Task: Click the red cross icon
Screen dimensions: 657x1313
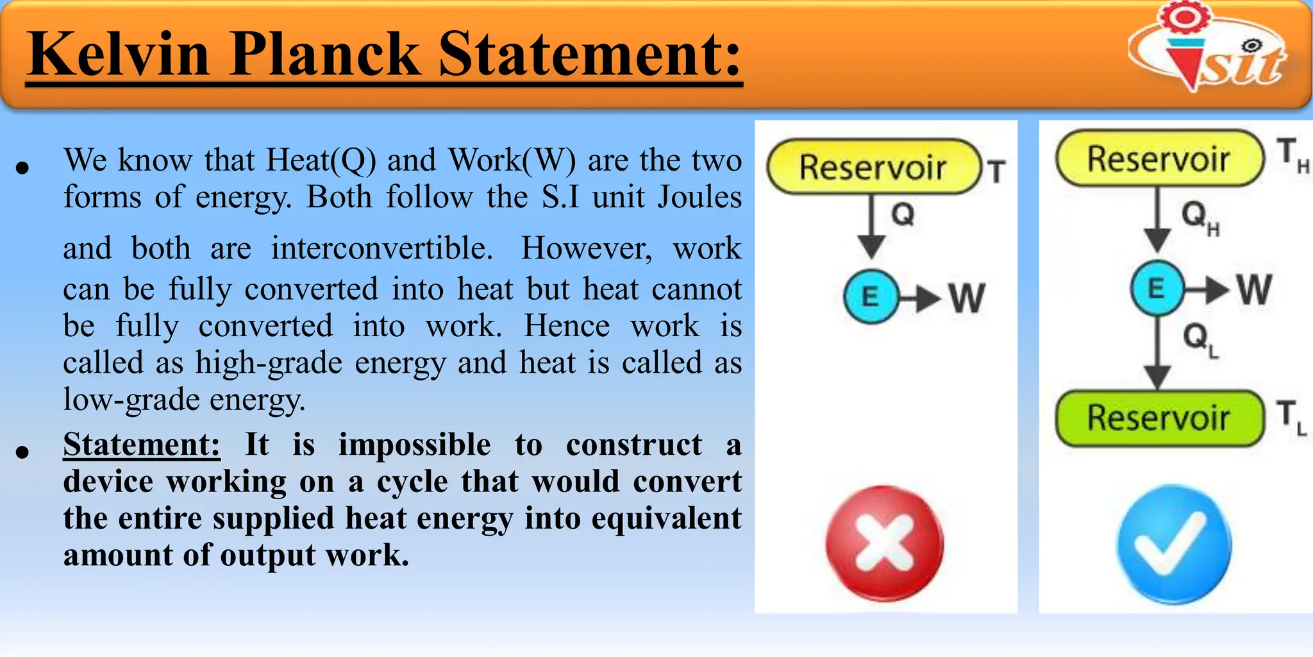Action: click(884, 543)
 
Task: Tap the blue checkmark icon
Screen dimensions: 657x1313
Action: click(1174, 545)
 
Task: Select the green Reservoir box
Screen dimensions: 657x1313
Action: click(1158, 418)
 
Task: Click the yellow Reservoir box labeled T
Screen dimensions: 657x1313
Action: click(873, 167)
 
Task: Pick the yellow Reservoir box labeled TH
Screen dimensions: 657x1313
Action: click(1158, 158)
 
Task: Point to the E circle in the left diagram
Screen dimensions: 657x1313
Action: click(871, 296)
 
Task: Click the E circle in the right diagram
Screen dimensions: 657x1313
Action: click(1157, 288)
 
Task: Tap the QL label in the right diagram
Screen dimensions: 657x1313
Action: click(1200, 339)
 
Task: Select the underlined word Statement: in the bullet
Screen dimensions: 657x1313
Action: click(142, 445)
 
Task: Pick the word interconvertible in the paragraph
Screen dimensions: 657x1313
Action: click(381, 248)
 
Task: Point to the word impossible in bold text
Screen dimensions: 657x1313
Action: click(414, 445)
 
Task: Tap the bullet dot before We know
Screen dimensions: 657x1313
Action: click(23, 168)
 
